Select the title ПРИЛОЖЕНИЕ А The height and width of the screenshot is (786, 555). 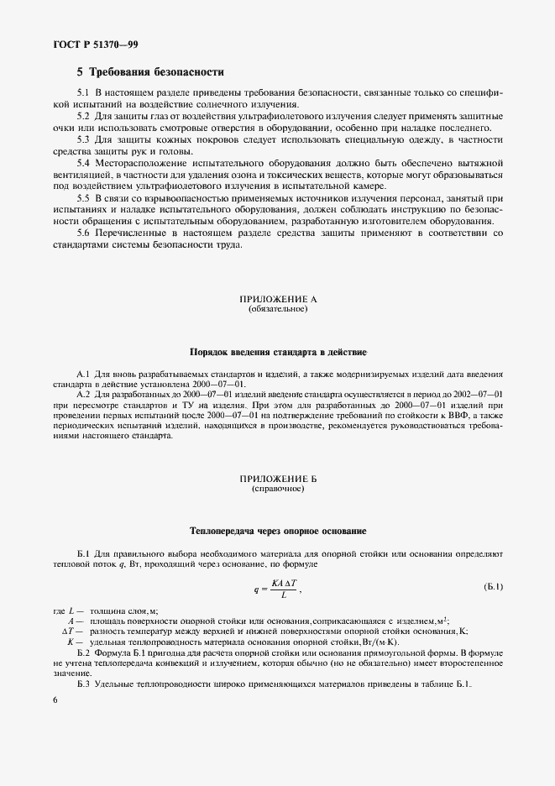click(277, 299)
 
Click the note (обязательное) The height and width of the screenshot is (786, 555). click(277, 309)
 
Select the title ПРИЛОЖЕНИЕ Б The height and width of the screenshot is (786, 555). click(277, 479)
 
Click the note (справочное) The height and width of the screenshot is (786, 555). click(277, 489)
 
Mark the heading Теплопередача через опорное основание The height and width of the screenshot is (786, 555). click(277, 531)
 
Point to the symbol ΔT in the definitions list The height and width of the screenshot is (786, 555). click(71, 631)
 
